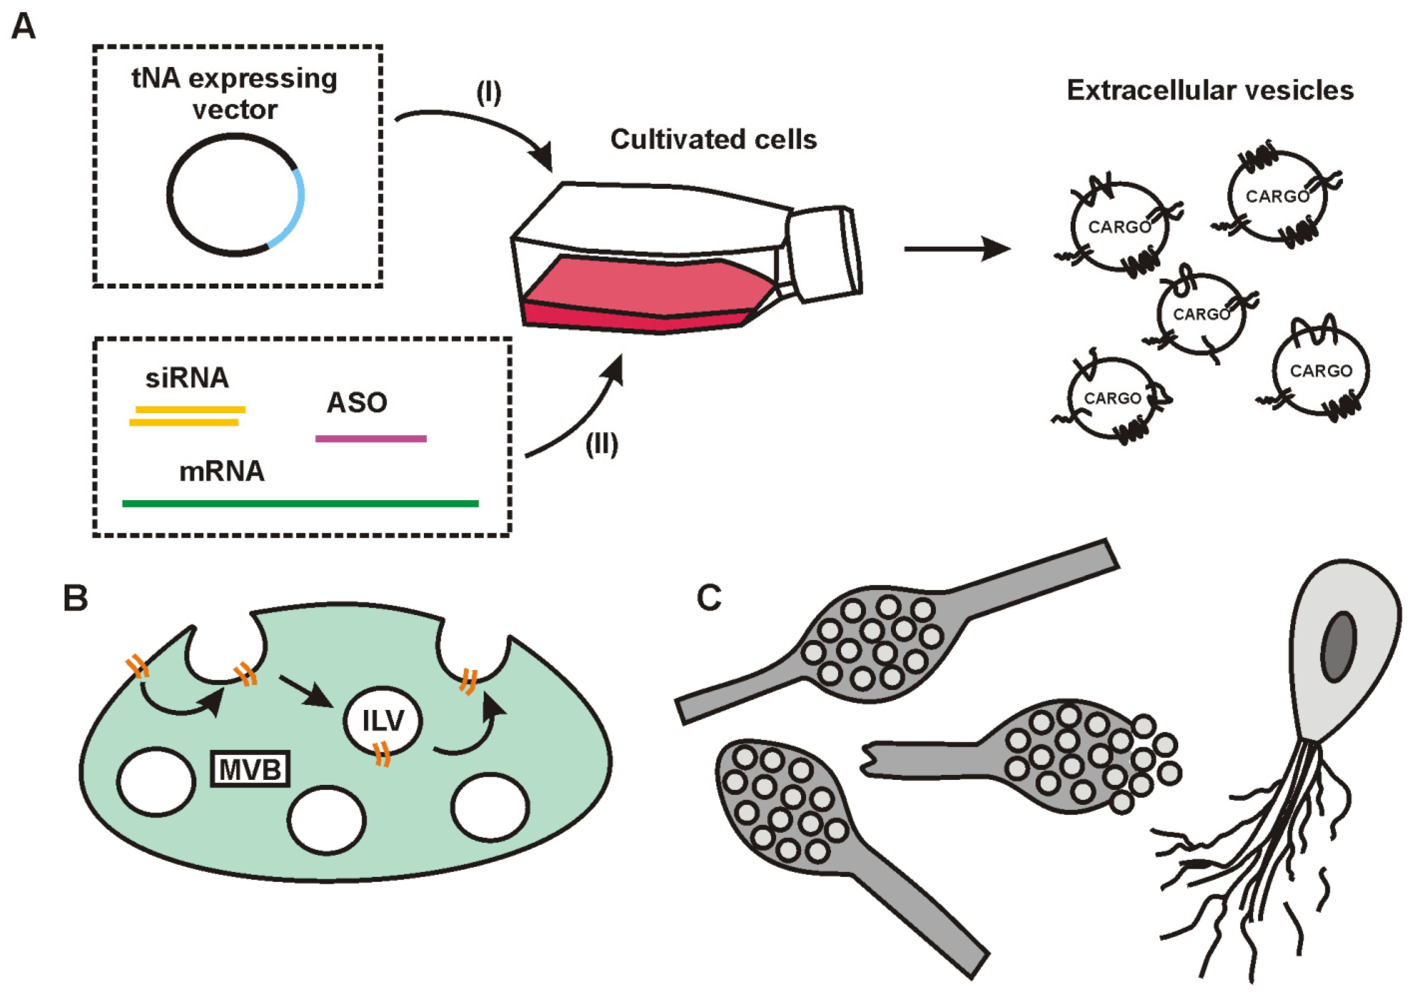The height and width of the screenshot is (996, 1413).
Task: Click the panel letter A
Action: coord(23,26)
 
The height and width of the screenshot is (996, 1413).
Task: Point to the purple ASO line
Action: coord(371,439)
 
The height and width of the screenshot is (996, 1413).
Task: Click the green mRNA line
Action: coord(300,504)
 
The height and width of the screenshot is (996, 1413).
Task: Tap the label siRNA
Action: coord(187,378)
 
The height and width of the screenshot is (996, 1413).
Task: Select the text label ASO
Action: coord(357,403)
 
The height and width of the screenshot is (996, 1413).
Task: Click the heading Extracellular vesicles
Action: coord(1210,90)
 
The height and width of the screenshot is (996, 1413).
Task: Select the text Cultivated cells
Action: coord(714,140)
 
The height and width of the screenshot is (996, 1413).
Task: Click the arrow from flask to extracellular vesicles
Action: coord(958,249)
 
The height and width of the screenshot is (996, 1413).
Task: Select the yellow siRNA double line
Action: coord(187,416)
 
